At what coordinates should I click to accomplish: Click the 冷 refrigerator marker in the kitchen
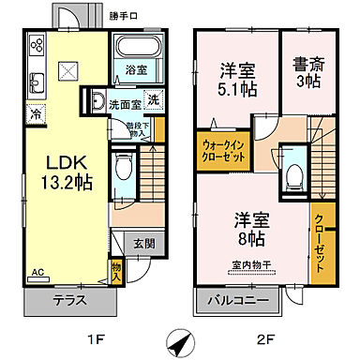[x=35, y=113]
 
